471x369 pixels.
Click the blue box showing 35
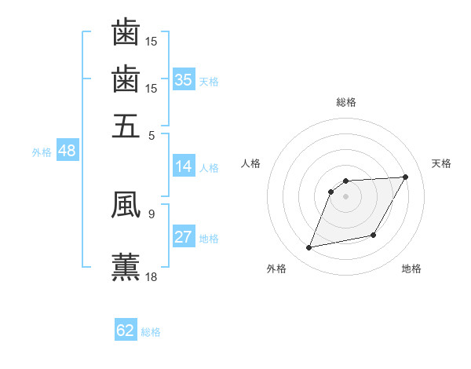coord(184,79)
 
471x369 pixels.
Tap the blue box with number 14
coord(184,166)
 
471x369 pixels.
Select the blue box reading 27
coord(184,237)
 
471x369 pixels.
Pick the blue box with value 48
coord(66,151)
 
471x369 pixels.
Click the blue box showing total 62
coord(126,331)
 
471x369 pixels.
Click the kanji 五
coord(126,125)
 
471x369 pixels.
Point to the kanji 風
coord(126,205)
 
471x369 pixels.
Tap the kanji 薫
coord(126,266)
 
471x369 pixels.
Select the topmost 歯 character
coord(126,32)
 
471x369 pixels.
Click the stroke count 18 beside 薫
coord(152,276)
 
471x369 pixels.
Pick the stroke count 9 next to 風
coord(152,213)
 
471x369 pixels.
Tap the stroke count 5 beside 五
coord(152,134)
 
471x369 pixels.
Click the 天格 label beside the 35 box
coord(209,81)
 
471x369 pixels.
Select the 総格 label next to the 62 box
coord(151,332)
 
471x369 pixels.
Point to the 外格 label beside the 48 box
coord(42,152)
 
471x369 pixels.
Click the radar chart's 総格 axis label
coord(346,102)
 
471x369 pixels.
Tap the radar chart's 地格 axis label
coord(411,269)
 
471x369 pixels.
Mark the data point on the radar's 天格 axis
coord(405,177)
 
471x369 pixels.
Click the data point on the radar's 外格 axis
coord(309,248)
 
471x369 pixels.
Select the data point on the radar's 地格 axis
coord(374,236)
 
